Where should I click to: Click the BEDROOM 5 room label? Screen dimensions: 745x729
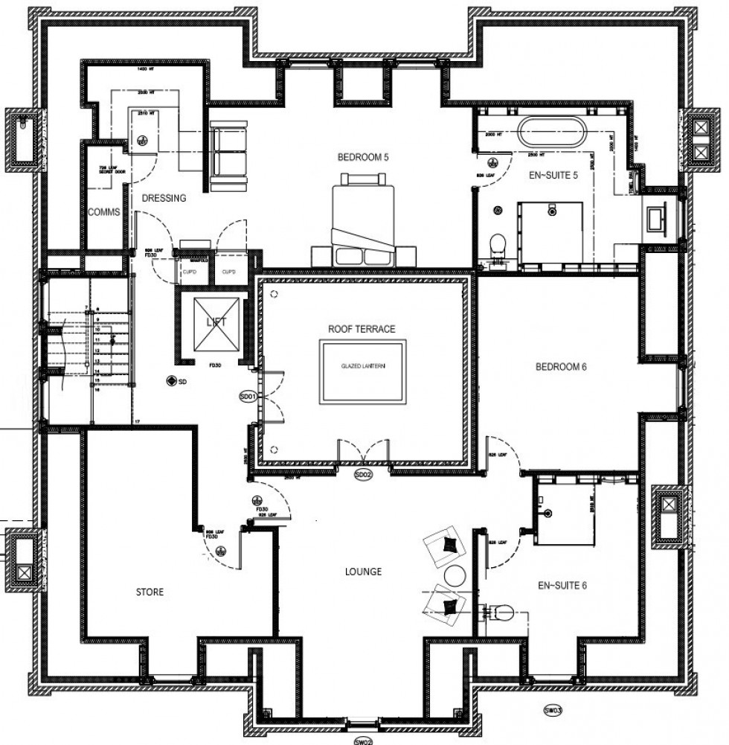tap(363, 157)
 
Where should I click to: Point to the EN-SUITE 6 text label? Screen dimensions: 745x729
tap(563, 586)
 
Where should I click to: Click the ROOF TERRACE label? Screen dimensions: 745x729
tap(362, 328)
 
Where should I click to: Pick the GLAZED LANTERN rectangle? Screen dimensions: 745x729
tap(363, 372)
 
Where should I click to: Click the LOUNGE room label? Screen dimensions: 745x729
tap(363, 572)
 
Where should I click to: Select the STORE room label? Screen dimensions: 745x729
tap(150, 592)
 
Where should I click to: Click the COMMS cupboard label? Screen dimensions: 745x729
tap(103, 212)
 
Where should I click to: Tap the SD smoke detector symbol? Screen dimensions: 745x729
tap(173, 381)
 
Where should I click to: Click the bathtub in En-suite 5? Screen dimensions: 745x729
tap(552, 132)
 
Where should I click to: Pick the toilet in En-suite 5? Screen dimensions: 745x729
tap(498, 243)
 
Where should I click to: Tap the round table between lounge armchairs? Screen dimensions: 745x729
tap(455, 575)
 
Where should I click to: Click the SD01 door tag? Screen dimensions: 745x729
tap(248, 397)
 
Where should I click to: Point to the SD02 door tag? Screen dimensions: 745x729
tap(362, 474)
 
